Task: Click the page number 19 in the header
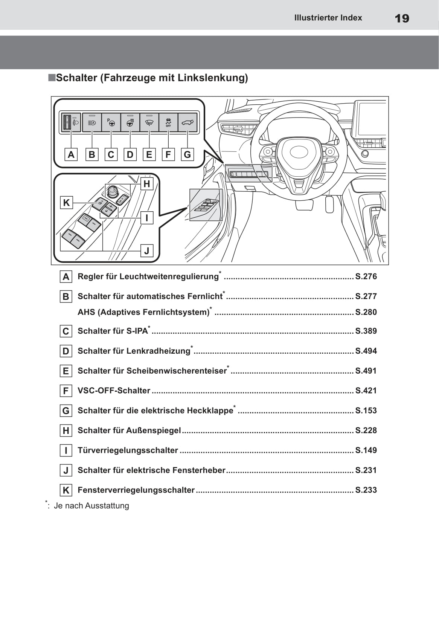pyautogui.click(x=402, y=18)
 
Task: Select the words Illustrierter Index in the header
pyautogui.click(x=328, y=18)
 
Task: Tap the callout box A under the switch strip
pyautogui.click(x=71, y=154)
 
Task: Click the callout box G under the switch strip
pyautogui.click(x=187, y=154)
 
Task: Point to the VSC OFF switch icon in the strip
pyautogui.click(x=168, y=122)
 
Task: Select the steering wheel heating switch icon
pyautogui.click(x=130, y=122)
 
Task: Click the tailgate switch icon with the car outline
pyautogui.click(x=187, y=122)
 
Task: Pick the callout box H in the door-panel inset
pyautogui.click(x=147, y=184)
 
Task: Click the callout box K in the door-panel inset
pyautogui.click(x=67, y=203)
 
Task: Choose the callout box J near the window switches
pyautogui.click(x=147, y=250)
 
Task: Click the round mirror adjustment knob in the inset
pyautogui.click(x=112, y=192)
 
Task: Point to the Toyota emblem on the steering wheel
pyautogui.click(x=298, y=152)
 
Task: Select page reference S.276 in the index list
pyautogui.click(x=366, y=276)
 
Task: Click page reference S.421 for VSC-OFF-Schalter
pyautogui.click(x=366, y=391)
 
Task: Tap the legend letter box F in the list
pyautogui.click(x=66, y=391)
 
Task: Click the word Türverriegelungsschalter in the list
pyautogui.click(x=128, y=450)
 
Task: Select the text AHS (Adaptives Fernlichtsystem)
pyautogui.click(x=143, y=312)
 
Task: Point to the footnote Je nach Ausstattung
pyautogui.click(x=91, y=505)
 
